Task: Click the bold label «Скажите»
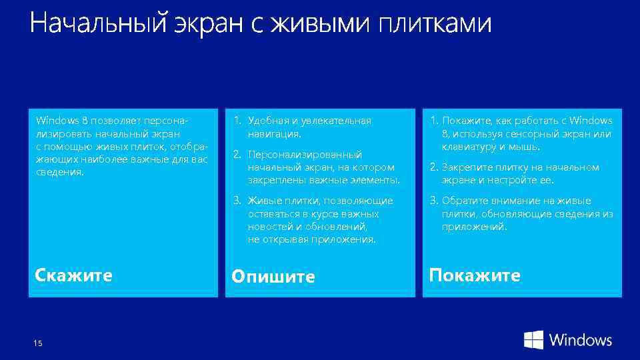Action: [x=73, y=275]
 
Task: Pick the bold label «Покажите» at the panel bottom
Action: [x=475, y=275]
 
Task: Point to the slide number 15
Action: [x=37, y=343]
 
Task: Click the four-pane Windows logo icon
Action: [x=533, y=340]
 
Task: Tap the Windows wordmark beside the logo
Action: [x=581, y=340]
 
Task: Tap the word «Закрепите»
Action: [x=464, y=167]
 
